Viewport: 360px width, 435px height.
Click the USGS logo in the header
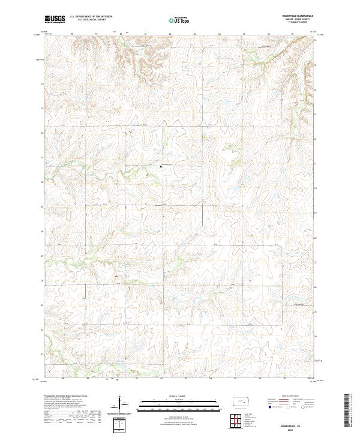pos(55,20)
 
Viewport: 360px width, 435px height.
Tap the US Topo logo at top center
pos(179,20)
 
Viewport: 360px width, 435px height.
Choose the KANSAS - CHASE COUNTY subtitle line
pos(302,20)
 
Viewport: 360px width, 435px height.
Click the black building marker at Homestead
pos(161,166)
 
